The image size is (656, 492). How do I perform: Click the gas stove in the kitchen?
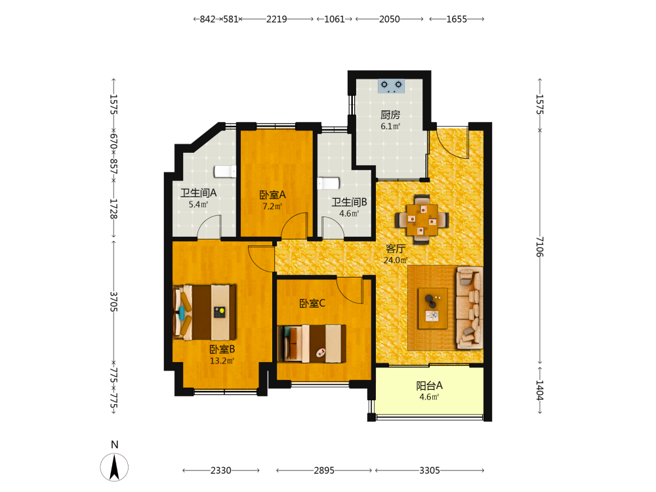pyautogui.click(x=391, y=86)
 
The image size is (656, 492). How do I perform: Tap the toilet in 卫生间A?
pyautogui.click(x=225, y=171)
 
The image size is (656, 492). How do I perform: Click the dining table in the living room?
pyautogui.click(x=422, y=220)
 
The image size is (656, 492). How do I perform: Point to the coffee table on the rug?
pyautogui.click(x=432, y=308)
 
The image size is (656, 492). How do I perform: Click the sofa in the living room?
pyautogui.click(x=470, y=308)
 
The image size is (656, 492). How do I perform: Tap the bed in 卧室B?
pyautogui.click(x=205, y=312)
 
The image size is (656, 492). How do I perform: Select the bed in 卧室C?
pyautogui.click(x=312, y=343)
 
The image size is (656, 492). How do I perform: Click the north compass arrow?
pyautogui.click(x=114, y=466)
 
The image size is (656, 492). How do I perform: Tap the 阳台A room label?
pyautogui.click(x=429, y=386)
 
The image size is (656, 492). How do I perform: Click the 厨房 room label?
pyautogui.click(x=390, y=115)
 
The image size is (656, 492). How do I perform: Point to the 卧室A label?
pyautogui.click(x=272, y=195)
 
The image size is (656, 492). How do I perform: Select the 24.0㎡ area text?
pyautogui.click(x=396, y=260)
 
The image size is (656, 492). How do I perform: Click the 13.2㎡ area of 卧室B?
pyautogui.click(x=222, y=361)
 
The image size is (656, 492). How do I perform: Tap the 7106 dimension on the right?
pyautogui.click(x=540, y=247)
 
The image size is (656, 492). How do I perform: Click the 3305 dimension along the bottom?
pyautogui.click(x=430, y=470)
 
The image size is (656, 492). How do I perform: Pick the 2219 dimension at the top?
pyautogui.click(x=277, y=19)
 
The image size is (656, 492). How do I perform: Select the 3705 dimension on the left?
pyautogui.click(x=113, y=302)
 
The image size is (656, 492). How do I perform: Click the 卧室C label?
pyautogui.click(x=312, y=303)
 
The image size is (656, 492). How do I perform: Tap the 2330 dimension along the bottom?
pyautogui.click(x=221, y=470)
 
